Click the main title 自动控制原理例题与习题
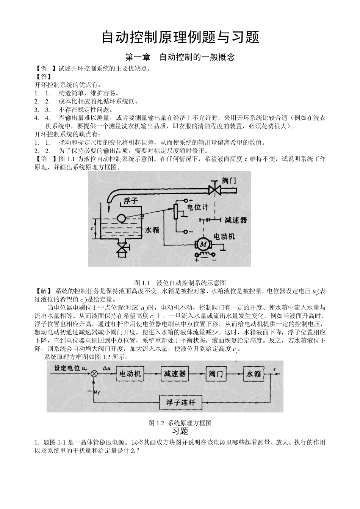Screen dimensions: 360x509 click(180, 37)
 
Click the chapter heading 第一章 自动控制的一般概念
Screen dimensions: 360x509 click(180, 57)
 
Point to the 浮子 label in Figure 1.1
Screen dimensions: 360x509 click(130, 201)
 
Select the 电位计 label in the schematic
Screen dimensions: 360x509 click(198, 207)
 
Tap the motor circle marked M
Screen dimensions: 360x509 click(203, 245)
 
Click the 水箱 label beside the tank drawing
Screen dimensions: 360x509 click(152, 230)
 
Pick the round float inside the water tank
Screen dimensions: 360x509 click(122, 219)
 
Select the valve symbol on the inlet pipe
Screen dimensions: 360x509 click(215, 189)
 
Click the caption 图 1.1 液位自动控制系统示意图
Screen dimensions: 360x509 click(180, 283)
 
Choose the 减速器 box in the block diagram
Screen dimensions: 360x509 click(174, 374)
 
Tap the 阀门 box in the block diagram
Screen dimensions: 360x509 click(216, 374)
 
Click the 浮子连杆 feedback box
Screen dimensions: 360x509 click(180, 402)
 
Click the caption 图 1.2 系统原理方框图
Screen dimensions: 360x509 click(180, 423)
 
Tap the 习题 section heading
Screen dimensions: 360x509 click(180, 431)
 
